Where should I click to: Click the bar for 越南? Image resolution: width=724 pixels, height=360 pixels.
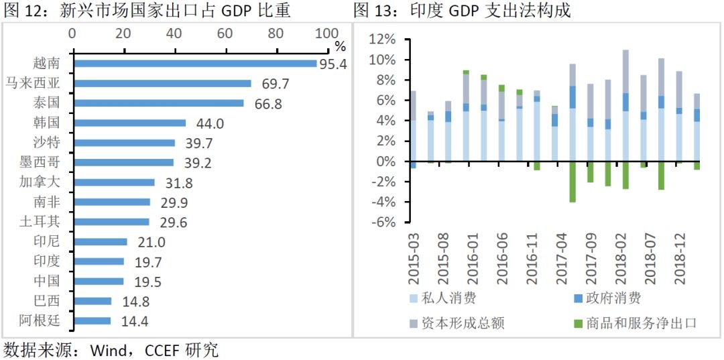coord(194,64)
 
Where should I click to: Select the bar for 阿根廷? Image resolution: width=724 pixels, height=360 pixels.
coord(92,321)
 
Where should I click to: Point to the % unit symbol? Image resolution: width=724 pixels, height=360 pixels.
coord(341,46)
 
